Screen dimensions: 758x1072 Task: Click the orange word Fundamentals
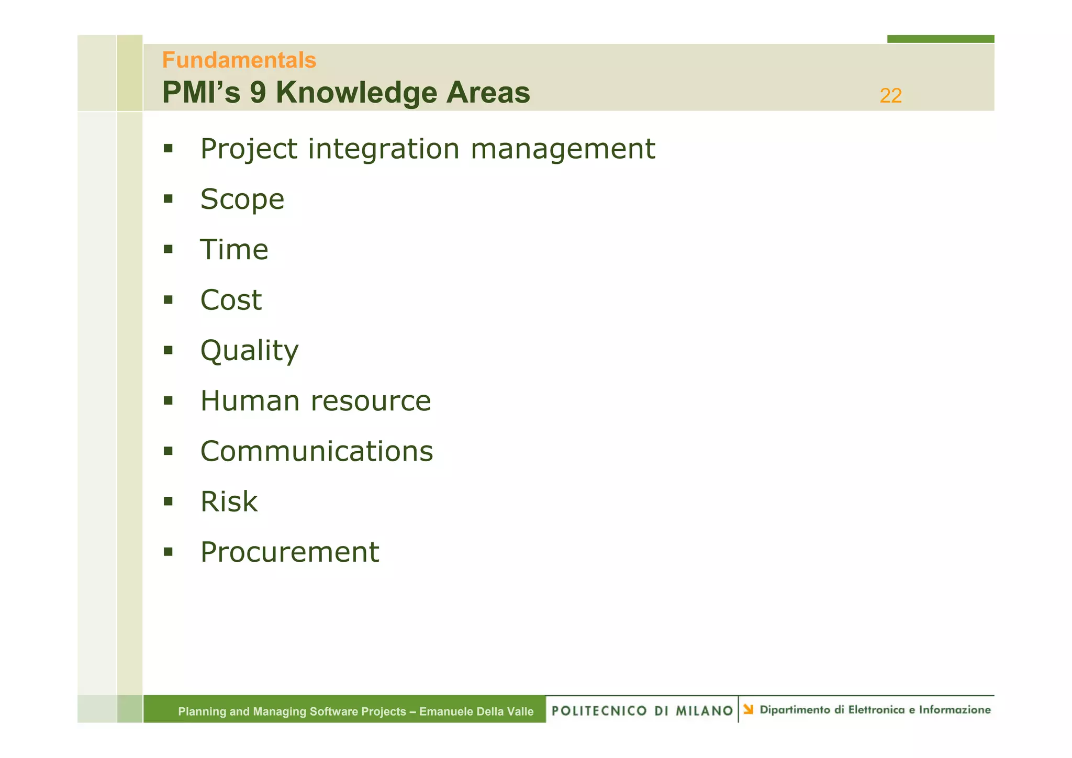coord(239,60)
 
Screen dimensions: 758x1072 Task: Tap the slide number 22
coord(890,96)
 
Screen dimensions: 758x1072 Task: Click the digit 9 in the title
coord(258,93)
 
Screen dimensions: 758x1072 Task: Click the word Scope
coord(242,199)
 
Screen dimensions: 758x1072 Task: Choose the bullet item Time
coord(234,250)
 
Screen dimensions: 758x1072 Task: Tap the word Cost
coord(231,300)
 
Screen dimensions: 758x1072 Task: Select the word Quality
coord(249,351)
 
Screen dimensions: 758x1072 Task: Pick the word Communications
coord(317,451)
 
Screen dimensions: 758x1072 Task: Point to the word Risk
coord(229,501)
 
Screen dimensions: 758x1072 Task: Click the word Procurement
coord(289,552)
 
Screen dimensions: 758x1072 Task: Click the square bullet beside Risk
coord(168,501)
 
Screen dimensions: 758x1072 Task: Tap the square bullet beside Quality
coord(168,350)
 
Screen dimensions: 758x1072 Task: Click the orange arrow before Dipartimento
coord(749,709)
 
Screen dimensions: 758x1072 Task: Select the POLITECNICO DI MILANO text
coord(642,710)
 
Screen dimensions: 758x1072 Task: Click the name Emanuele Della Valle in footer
coord(476,711)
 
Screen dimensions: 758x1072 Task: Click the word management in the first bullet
coord(563,149)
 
